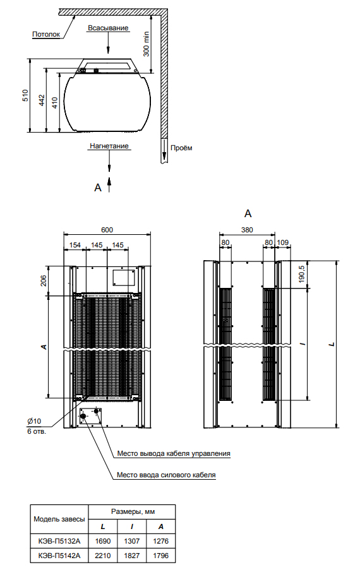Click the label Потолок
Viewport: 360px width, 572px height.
point(46,34)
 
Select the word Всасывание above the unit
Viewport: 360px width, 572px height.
point(108,28)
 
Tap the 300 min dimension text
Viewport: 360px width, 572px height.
point(146,44)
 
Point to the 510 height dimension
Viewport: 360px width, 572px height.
point(25,95)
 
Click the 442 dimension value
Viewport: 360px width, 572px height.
point(42,100)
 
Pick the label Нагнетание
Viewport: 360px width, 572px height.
point(109,146)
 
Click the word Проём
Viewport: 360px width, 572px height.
point(181,148)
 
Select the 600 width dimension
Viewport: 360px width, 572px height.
point(107,230)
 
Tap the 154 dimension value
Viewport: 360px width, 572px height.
point(75,245)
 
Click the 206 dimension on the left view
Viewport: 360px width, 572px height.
point(44,280)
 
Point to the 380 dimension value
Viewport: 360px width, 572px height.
point(247,230)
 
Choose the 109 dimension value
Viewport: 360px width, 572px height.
point(282,242)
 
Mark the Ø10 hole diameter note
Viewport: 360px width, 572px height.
point(34,421)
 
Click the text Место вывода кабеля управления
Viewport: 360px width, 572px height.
point(174,453)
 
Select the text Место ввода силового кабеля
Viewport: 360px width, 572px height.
point(166,475)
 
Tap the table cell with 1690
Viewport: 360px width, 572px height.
point(103,541)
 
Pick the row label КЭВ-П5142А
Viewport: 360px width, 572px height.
point(59,556)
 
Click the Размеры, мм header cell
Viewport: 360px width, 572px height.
point(133,512)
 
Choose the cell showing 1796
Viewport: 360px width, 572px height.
point(160,556)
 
